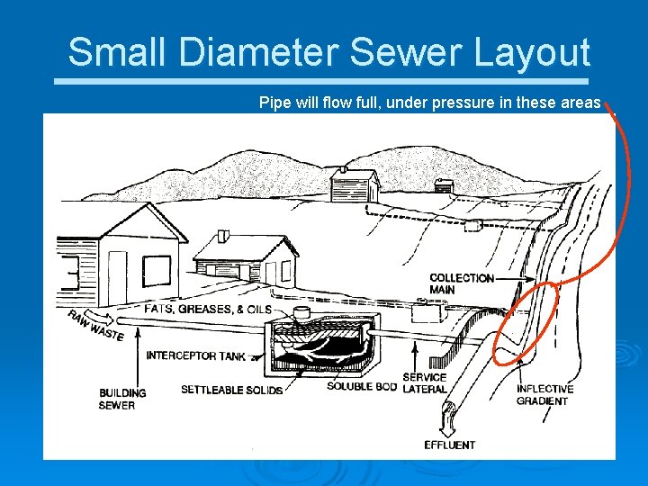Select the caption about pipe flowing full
pyautogui.click(x=429, y=103)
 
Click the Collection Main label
pyautogui.click(x=462, y=283)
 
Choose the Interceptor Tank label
pyautogui.click(x=195, y=355)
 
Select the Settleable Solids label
pyautogui.click(x=232, y=390)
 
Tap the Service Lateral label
pyautogui.click(x=424, y=383)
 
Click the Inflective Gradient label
pyautogui.click(x=544, y=394)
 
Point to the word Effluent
pyautogui.click(x=450, y=445)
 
